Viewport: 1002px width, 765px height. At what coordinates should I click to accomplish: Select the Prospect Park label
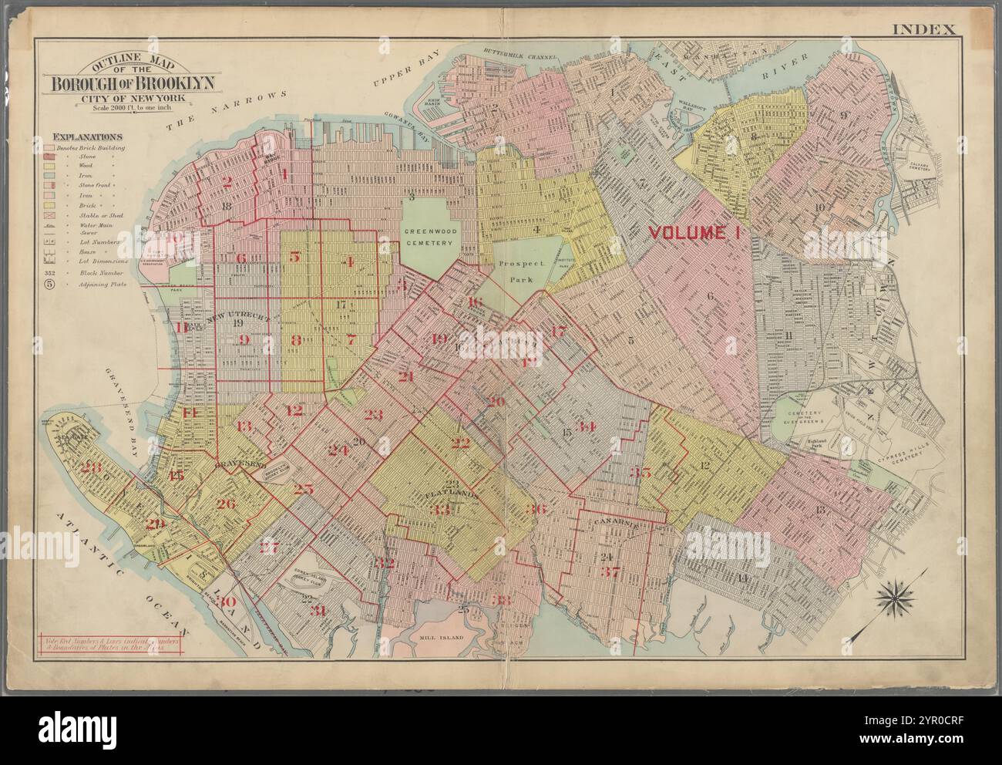coord(520,269)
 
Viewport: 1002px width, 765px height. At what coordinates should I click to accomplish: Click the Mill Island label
coord(440,639)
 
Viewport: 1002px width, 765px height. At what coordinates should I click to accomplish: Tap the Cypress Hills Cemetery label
coord(904,471)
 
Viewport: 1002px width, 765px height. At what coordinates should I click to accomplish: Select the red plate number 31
coord(316,611)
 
